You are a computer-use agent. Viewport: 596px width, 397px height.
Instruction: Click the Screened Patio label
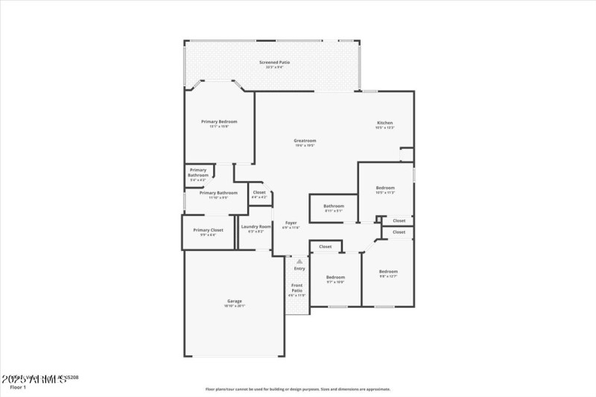coord(274,63)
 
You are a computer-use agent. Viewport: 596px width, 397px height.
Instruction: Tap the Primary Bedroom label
coord(219,121)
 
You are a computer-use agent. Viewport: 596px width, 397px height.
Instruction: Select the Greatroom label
coord(305,140)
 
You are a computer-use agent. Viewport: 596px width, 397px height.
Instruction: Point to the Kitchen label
coord(384,123)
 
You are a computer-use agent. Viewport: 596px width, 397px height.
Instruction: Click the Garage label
coord(235,301)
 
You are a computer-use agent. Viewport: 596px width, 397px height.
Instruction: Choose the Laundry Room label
coord(256,226)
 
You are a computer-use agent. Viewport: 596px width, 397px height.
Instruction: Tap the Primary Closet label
coord(208,230)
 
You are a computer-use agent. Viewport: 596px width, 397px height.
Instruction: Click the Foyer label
coord(291,223)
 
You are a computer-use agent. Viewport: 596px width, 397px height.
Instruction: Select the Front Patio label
coord(297,288)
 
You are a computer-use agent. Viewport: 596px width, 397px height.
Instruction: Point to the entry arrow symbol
coord(299,261)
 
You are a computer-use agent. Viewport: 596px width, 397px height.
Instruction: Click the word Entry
coord(299,268)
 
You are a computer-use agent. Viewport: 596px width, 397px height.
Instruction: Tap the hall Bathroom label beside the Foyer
coord(334,206)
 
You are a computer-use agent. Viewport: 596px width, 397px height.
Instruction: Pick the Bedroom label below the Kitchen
coord(385,188)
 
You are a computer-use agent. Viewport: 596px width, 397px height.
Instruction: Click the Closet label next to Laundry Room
coord(259,193)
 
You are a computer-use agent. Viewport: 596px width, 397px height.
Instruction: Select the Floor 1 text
coord(18,387)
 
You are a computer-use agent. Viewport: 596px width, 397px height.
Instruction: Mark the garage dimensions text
coord(235,306)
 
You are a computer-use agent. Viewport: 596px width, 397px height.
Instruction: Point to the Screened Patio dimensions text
coord(274,68)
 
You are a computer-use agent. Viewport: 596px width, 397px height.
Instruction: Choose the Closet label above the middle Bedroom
coord(326,247)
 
